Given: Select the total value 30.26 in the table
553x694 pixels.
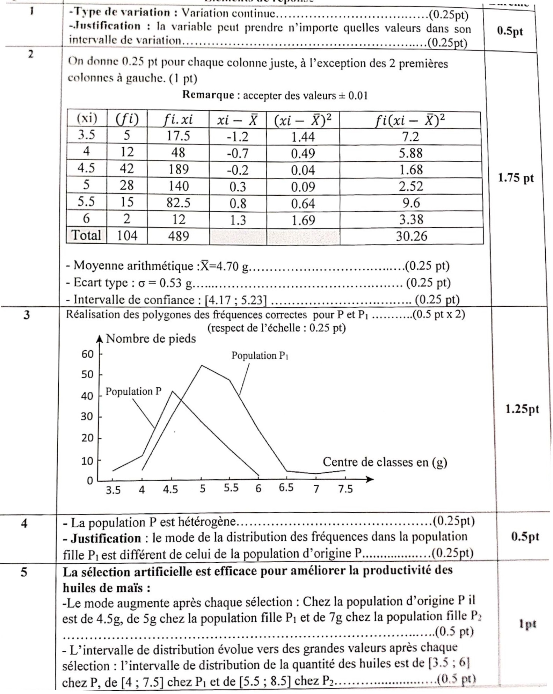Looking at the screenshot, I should click(x=411, y=236).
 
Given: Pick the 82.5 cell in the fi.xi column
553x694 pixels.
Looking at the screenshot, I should click(x=178, y=203).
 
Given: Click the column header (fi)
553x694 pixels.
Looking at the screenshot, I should click(x=127, y=120).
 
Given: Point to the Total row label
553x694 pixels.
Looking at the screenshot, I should click(x=86, y=235).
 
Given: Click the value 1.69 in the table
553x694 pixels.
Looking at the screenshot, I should click(x=303, y=220).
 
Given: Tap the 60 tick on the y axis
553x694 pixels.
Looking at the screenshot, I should click(x=88, y=355).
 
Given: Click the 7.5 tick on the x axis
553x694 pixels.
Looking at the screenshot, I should click(x=345, y=489).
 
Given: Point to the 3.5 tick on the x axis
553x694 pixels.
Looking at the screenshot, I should click(x=113, y=490).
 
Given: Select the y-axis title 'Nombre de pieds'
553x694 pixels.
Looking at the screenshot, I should click(x=151, y=339).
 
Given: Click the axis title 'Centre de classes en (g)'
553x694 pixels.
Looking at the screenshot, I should click(x=385, y=462).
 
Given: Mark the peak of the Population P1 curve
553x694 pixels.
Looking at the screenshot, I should click(x=202, y=366).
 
